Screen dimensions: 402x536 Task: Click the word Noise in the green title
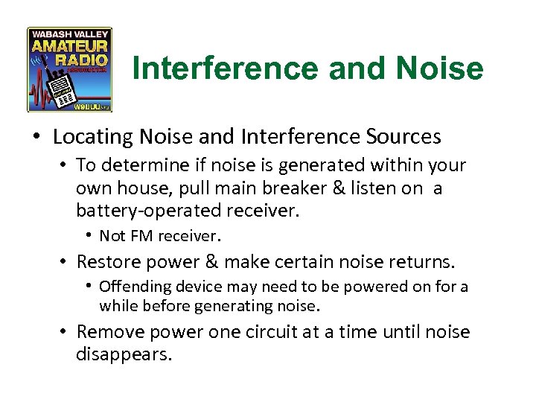(440, 69)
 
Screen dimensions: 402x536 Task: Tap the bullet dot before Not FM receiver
(88, 236)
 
